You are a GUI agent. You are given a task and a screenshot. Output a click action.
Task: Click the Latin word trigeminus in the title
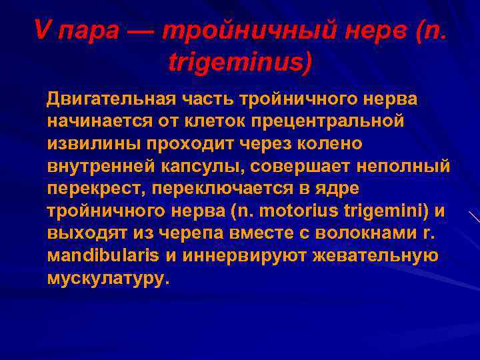(239, 63)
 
